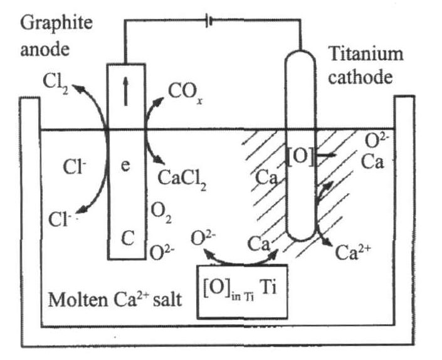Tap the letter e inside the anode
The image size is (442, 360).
(x=125, y=169)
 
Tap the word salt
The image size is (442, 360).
(x=164, y=297)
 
